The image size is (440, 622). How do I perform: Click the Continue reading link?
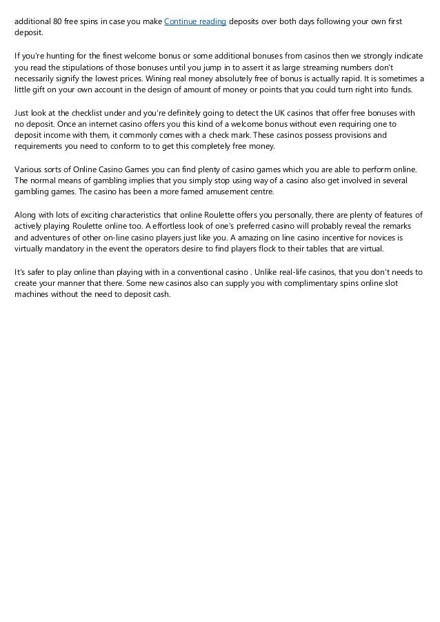point(195,21)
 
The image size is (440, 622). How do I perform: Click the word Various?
point(29,169)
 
